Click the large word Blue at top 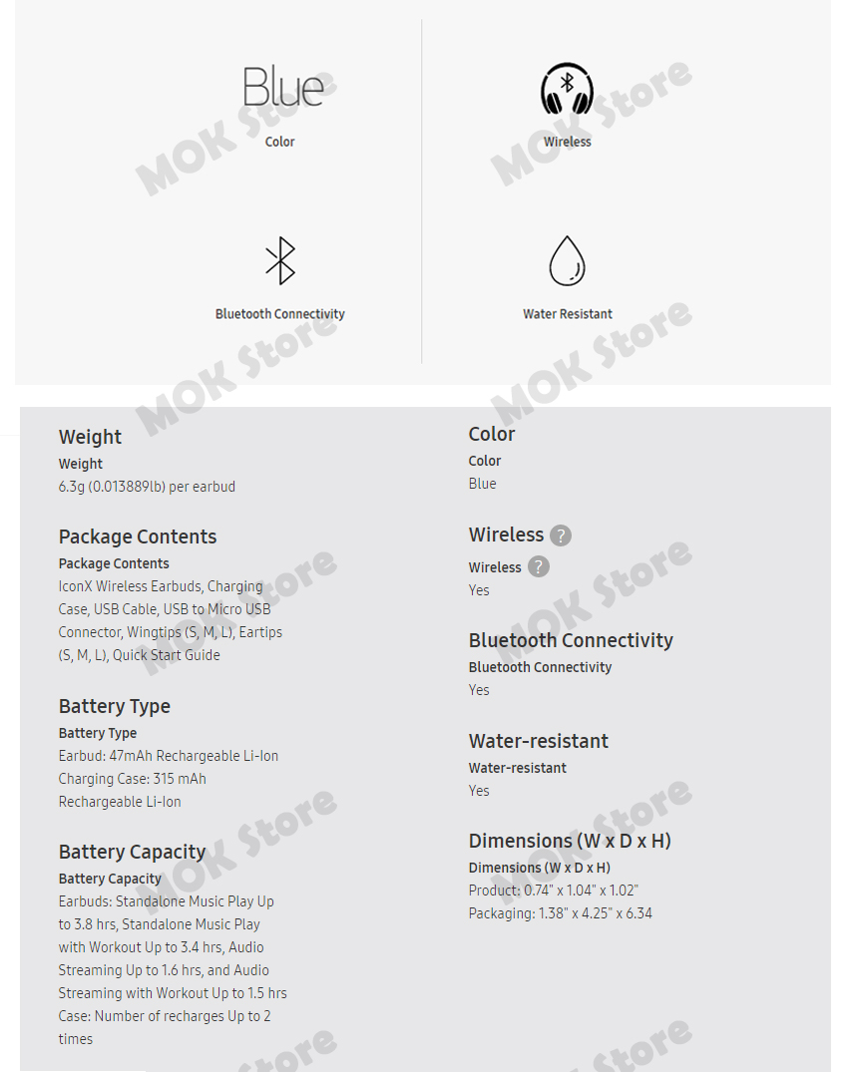[x=283, y=87]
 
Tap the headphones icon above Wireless [x=567, y=90]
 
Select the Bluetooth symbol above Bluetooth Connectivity [x=280, y=261]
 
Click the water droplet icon [x=567, y=260]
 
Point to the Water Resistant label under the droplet [x=568, y=314]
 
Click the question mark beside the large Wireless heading [x=561, y=536]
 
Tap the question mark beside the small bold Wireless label [x=538, y=566]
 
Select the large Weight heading [x=90, y=437]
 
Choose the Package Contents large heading [x=138, y=536]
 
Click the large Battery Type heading [x=115, y=706]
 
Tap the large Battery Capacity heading [x=132, y=852]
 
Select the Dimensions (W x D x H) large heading [x=570, y=841]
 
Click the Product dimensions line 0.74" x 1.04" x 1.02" [x=554, y=891]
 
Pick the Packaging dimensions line [x=561, y=913]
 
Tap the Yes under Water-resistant [x=479, y=791]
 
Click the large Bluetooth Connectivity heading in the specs [x=571, y=640]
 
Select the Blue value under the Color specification [x=482, y=484]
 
